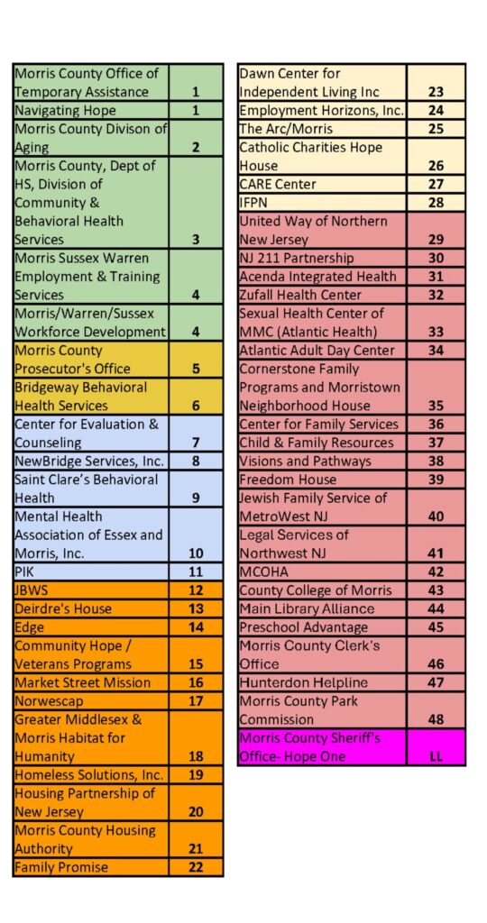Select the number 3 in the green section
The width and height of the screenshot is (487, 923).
click(x=196, y=240)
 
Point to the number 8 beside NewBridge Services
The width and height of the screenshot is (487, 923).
click(x=196, y=461)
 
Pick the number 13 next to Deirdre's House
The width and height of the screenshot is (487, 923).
click(x=196, y=608)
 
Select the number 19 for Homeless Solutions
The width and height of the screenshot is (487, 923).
click(x=196, y=774)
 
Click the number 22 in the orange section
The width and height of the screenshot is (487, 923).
click(x=196, y=867)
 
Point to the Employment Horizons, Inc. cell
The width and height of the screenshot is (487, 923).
click(x=322, y=111)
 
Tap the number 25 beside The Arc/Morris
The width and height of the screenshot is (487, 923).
click(x=436, y=129)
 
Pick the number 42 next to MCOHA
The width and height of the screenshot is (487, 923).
click(x=436, y=571)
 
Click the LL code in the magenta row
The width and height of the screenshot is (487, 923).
click(x=436, y=756)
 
